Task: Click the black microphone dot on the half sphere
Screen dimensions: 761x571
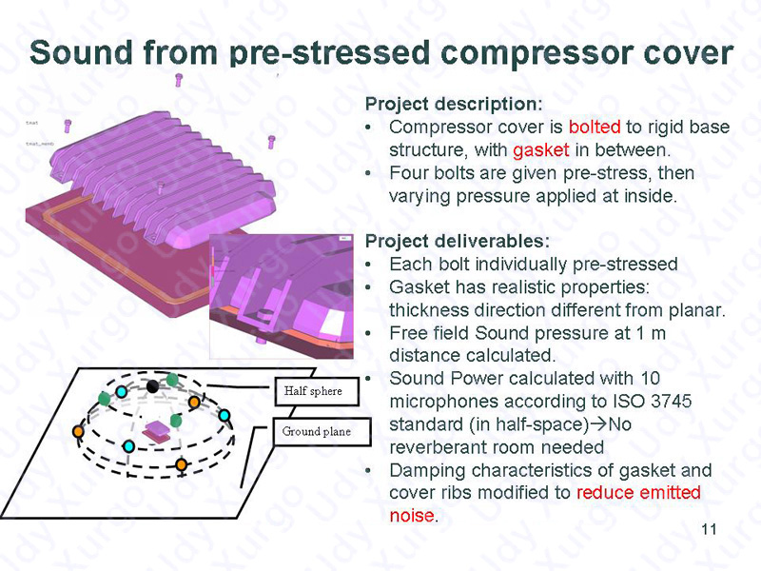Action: pyautogui.click(x=152, y=386)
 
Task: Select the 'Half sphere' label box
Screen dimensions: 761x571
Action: pyautogui.click(x=317, y=391)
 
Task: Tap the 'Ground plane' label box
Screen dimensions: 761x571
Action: pyautogui.click(x=322, y=432)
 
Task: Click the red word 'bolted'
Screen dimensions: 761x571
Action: pyautogui.click(x=595, y=127)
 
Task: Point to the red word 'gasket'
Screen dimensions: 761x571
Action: pyautogui.click(x=540, y=150)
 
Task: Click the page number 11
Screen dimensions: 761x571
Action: pyautogui.click(x=709, y=529)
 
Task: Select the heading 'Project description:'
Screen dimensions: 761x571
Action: pyautogui.click(x=454, y=104)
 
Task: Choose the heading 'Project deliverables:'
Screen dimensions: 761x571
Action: pyautogui.click(x=458, y=241)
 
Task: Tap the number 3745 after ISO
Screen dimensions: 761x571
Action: pyautogui.click(x=672, y=401)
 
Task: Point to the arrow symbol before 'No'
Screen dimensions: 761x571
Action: pyautogui.click(x=600, y=424)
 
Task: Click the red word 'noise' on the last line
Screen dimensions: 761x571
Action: pyautogui.click(x=411, y=515)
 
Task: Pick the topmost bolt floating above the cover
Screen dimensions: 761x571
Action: pyautogui.click(x=179, y=80)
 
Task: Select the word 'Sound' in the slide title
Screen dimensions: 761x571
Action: pyautogui.click(x=81, y=52)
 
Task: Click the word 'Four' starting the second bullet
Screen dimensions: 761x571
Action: pyautogui.click(x=407, y=173)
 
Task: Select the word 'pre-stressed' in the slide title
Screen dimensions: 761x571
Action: pyautogui.click(x=330, y=54)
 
